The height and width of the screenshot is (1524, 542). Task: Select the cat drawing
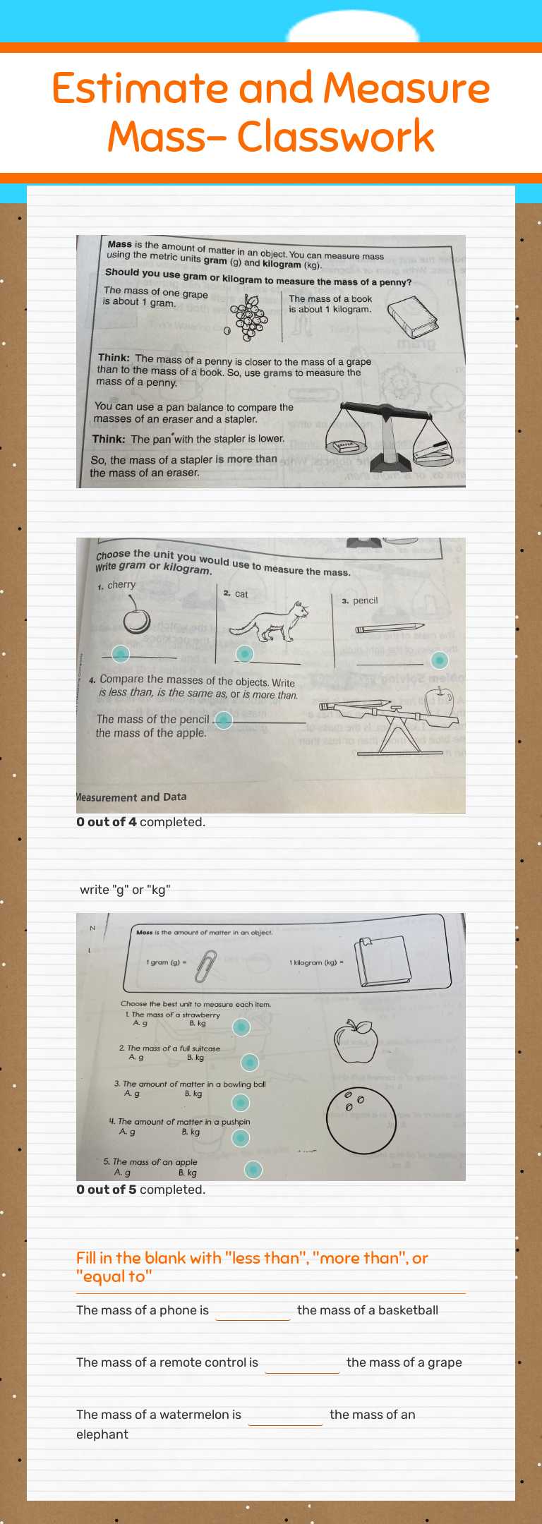[x=271, y=621]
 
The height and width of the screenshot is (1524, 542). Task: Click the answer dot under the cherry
[x=121, y=654]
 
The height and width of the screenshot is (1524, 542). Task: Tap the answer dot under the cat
[x=244, y=654]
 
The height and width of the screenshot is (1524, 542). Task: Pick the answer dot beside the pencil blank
[x=439, y=660]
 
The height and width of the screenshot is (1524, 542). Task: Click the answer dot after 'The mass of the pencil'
[x=224, y=720]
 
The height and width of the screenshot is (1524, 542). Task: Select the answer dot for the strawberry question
[x=241, y=1027]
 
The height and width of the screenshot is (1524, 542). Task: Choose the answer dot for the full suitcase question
[x=250, y=1062]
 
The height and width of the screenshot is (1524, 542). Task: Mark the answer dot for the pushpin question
[x=241, y=1137]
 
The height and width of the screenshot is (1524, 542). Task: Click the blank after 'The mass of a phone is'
[x=253, y=1311]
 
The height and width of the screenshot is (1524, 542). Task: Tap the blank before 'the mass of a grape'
[x=302, y=1363]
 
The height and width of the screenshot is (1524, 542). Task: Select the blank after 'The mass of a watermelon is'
[x=285, y=1415]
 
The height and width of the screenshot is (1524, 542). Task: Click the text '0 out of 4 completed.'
[x=141, y=822]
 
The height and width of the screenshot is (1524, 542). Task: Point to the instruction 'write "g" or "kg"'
[x=125, y=890]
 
